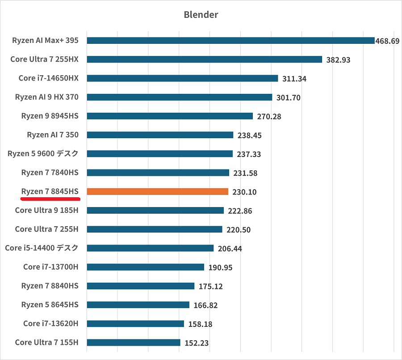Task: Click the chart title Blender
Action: [x=201, y=15]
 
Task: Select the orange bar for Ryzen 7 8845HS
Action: [x=157, y=191]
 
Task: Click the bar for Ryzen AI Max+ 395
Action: [x=230, y=41]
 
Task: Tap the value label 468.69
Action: [x=387, y=41]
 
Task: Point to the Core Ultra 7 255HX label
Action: [x=44, y=59]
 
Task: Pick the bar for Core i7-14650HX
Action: [x=182, y=78]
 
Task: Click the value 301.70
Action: [x=289, y=97]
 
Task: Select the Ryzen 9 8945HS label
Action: [x=50, y=116]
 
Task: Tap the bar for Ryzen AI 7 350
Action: [x=160, y=135]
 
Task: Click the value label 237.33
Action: [x=249, y=154]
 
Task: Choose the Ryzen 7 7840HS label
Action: [x=50, y=172]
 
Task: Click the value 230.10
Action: [x=244, y=192]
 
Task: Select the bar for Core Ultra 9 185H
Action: [x=155, y=210]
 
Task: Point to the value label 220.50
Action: [x=239, y=230]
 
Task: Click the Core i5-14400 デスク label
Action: [x=42, y=248]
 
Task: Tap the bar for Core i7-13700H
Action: [x=145, y=267]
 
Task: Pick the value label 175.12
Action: [x=211, y=287]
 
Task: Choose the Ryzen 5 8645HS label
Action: [x=50, y=305]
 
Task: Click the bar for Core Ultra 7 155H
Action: [x=134, y=343]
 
